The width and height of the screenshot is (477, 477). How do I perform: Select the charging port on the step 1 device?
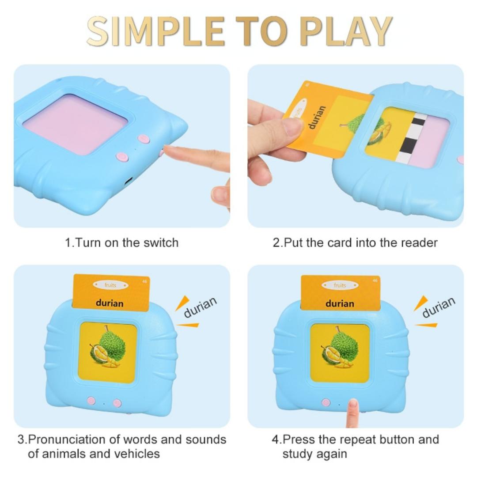129,181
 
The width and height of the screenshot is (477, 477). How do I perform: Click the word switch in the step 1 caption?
161,242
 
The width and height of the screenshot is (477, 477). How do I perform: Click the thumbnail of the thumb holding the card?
292,127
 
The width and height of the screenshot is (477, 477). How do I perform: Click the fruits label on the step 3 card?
110,285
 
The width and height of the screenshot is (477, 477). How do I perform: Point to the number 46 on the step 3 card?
144,281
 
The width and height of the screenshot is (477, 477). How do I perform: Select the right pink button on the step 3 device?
117,403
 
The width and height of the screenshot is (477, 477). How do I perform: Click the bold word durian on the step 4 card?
340,303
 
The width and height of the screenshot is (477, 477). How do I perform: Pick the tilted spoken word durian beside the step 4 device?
438,307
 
